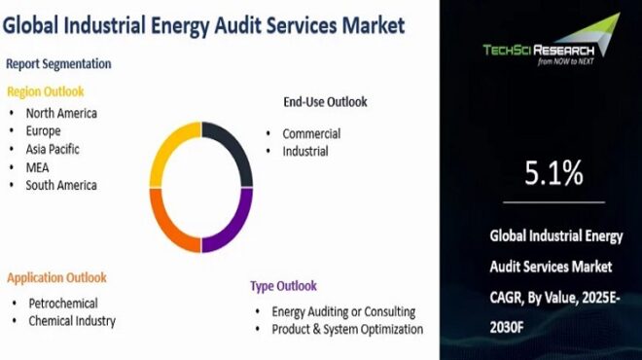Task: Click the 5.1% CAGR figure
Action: pos(553,173)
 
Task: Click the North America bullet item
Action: pos(61,113)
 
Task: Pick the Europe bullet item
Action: pos(44,130)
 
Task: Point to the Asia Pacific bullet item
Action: pos(53,149)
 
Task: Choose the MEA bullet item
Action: pos(38,167)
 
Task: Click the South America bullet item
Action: pos(61,185)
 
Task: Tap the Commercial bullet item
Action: pos(311,133)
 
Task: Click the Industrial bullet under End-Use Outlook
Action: pos(305,151)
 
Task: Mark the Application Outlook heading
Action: pos(56,277)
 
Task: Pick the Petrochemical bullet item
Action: pos(63,303)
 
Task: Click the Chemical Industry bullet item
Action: pos(72,320)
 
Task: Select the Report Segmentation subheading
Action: pos(58,64)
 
